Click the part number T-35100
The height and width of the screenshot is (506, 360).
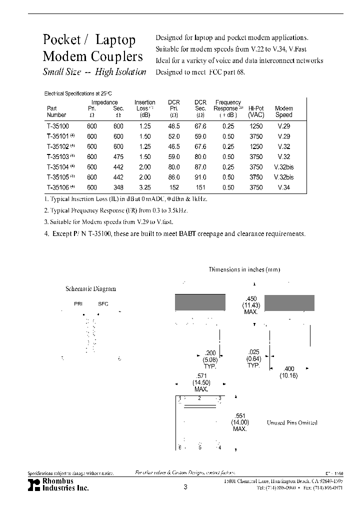57,126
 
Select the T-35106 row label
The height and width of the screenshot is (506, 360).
57,187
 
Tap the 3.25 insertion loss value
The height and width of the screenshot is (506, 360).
145,187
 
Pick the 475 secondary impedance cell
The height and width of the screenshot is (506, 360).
118,157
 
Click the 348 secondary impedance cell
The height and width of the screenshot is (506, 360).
118,187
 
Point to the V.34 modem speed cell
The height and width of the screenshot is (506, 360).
283,187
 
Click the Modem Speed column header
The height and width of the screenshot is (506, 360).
283,111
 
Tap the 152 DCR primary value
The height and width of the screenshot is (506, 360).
173,187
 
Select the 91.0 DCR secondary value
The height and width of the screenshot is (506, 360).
200,177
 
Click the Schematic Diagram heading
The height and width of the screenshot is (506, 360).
91,288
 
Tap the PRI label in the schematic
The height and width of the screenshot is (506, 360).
78,303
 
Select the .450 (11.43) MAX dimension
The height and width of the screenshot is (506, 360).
250,305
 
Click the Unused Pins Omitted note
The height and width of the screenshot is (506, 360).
299,422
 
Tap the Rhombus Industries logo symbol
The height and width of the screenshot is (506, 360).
33,483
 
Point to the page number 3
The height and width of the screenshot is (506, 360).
185,487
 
